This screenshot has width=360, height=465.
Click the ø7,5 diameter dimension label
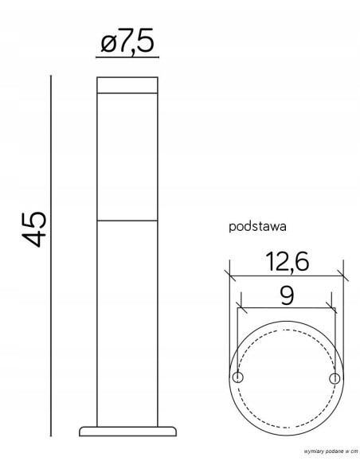point(127,41)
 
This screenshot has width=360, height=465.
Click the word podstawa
point(257,226)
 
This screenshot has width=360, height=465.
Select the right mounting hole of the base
point(335,376)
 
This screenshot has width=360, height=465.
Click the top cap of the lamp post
point(127,86)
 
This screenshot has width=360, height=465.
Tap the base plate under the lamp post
point(127,431)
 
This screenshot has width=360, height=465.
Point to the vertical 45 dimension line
point(52,255)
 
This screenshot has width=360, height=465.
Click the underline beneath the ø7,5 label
point(127,58)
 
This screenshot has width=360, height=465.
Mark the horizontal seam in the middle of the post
point(127,219)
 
